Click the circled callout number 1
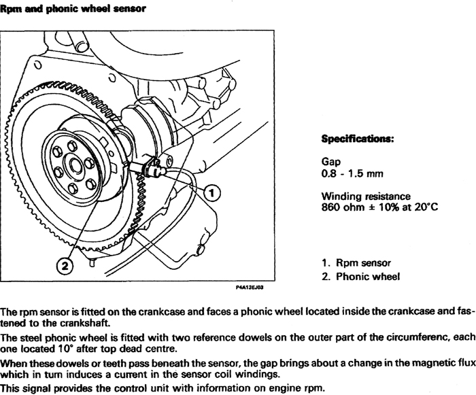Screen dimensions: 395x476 point(212,193)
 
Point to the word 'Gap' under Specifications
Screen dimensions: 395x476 point(330,162)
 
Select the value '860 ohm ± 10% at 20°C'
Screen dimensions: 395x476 point(377,207)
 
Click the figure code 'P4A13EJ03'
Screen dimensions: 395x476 point(250,288)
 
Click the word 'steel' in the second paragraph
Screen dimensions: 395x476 point(33,338)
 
